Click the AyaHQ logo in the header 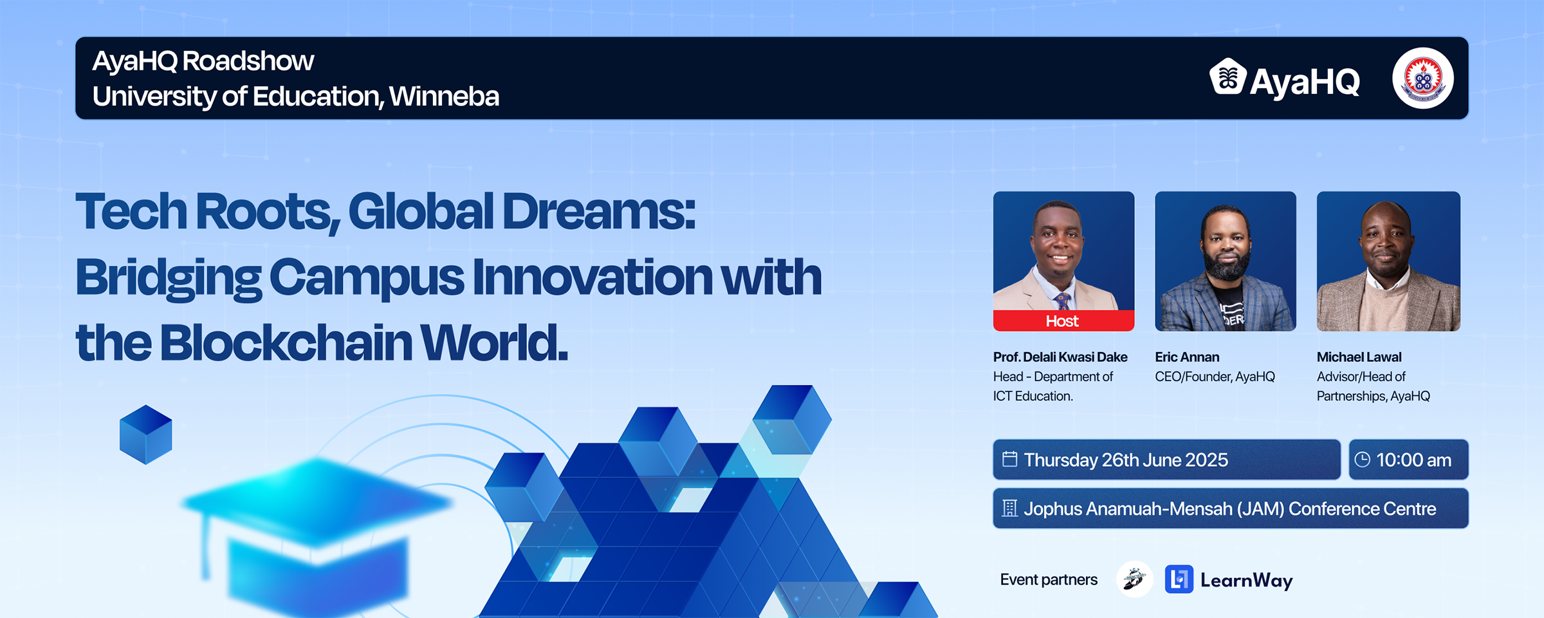click(x=1285, y=80)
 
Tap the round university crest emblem click(x=1423, y=79)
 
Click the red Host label click(x=1063, y=321)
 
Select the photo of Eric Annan click(x=1226, y=261)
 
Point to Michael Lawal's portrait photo click(x=1388, y=261)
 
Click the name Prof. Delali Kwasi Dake click(x=1060, y=357)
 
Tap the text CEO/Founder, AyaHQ click(x=1215, y=377)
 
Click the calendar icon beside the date click(x=1010, y=459)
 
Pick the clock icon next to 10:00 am click(x=1362, y=459)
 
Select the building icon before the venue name click(x=1010, y=509)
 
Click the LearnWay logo click(x=1229, y=579)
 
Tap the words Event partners click(x=1049, y=579)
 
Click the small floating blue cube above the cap click(x=146, y=435)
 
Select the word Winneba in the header click(x=444, y=97)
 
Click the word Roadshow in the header click(x=248, y=61)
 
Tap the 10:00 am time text click(x=1414, y=460)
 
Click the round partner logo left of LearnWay click(x=1135, y=579)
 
